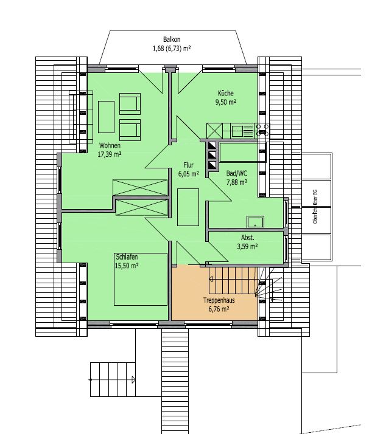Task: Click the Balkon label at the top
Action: [171, 39]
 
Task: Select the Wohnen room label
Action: [110, 146]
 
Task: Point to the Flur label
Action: [189, 165]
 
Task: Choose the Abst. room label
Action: [247, 238]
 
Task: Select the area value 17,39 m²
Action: [110, 154]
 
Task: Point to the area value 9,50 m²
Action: [226, 102]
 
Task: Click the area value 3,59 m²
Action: [247, 246]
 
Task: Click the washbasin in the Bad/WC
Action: [254, 222]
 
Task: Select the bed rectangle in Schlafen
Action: [140, 279]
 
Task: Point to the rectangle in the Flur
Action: [188, 207]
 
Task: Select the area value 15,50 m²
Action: [127, 266]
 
